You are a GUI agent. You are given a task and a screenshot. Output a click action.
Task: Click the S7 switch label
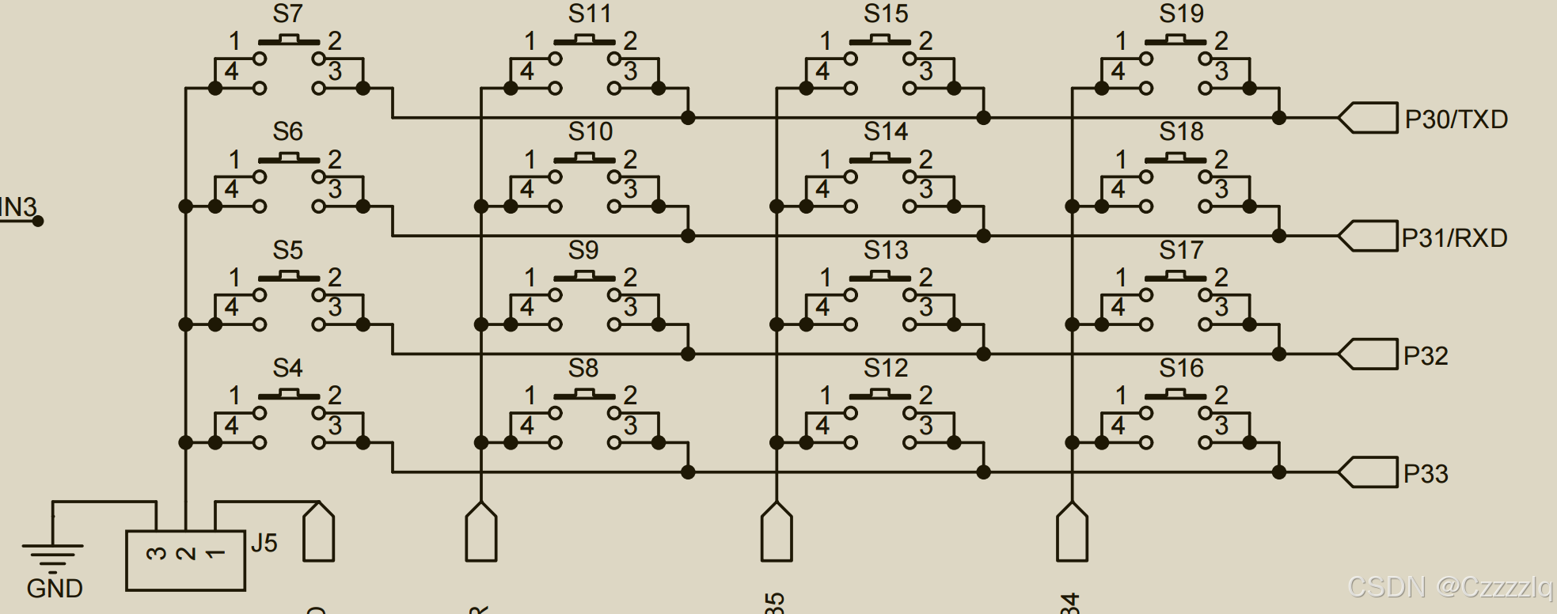click(x=287, y=14)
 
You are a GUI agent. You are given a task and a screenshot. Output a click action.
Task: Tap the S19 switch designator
click(x=1181, y=14)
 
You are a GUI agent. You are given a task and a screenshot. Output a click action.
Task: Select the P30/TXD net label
click(x=1456, y=119)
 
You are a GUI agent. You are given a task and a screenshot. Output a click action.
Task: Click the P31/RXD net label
click(x=1454, y=237)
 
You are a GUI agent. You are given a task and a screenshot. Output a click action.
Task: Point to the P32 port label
click(x=1426, y=356)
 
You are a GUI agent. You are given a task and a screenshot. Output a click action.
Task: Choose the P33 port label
click(x=1426, y=474)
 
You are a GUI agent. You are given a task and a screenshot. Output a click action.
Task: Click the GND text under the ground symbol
click(x=55, y=589)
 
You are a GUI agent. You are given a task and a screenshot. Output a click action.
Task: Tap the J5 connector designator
click(x=264, y=543)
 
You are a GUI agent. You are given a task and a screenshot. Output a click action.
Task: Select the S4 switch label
click(x=287, y=368)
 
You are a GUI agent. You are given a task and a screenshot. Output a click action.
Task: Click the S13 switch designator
click(x=886, y=250)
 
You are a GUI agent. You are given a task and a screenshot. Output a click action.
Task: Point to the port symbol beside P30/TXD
click(x=1367, y=118)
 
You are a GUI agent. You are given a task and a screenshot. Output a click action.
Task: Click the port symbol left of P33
click(x=1367, y=472)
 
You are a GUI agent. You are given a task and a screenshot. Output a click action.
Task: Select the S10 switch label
click(x=590, y=131)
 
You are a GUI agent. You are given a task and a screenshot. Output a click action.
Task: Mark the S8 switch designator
click(x=583, y=368)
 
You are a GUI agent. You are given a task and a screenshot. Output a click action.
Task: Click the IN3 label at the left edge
click(x=17, y=207)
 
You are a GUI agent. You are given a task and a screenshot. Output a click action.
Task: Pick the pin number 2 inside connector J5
click(x=185, y=553)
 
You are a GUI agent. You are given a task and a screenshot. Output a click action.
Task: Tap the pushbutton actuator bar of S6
click(x=289, y=159)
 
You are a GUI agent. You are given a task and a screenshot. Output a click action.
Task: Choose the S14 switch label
click(x=886, y=131)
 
